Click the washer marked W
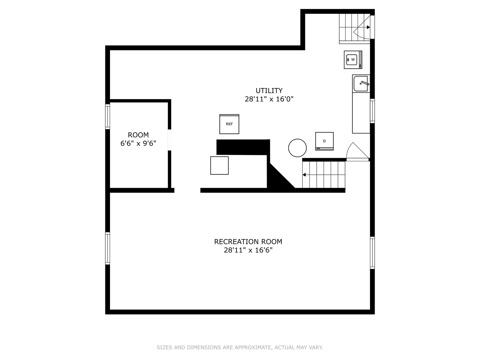(x=353, y=60)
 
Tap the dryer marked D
(x=324, y=141)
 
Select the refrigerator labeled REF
(x=229, y=124)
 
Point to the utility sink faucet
(x=365, y=83)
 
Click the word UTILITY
(x=269, y=90)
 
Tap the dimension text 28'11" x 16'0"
(x=269, y=99)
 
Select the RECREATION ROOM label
(x=248, y=242)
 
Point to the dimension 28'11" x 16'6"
(x=248, y=250)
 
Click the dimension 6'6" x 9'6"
(x=138, y=143)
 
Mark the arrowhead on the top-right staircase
(x=368, y=27)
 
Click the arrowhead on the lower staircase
(x=304, y=175)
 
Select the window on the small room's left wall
(x=107, y=117)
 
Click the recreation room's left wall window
(x=107, y=248)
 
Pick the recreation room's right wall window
(x=372, y=253)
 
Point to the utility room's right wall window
(x=372, y=111)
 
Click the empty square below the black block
(x=219, y=165)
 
